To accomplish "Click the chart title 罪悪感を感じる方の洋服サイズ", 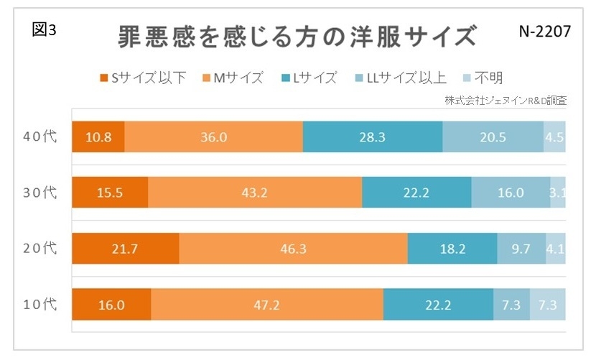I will (297, 36).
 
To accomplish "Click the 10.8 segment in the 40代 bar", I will (98, 137).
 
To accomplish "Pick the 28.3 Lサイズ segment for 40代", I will (373, 137).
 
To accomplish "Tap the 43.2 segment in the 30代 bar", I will (255, 193).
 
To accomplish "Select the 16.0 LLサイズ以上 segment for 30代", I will (511, 193).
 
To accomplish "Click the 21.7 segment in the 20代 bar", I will (126, 249).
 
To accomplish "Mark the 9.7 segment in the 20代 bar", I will (521, 249).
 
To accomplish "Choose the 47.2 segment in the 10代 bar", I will (267, 305).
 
